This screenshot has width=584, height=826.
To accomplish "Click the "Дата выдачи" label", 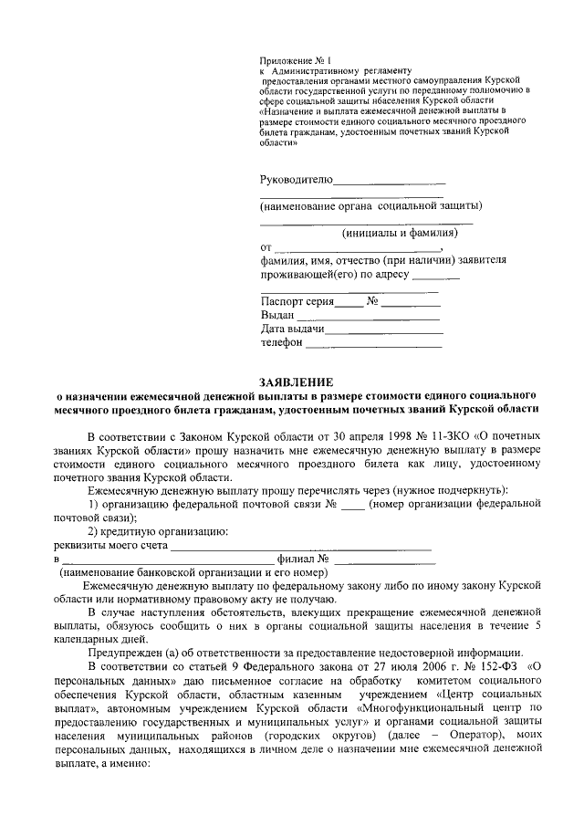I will tap(292, 329).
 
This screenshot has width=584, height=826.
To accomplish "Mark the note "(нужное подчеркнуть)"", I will tap(466, 490).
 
